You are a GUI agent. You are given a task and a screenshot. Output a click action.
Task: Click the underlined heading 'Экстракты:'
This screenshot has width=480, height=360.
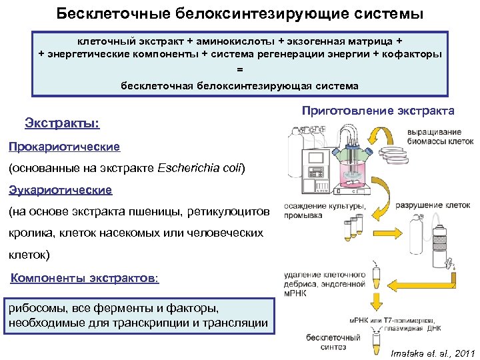(62, 123)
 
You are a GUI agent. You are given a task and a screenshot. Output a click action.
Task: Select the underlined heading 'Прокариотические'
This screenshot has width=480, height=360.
(64, 146)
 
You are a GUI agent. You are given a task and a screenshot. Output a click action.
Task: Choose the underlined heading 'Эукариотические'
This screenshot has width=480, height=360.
(61, 190)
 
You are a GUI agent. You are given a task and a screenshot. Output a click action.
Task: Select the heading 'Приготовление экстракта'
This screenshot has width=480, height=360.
(378, 110)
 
